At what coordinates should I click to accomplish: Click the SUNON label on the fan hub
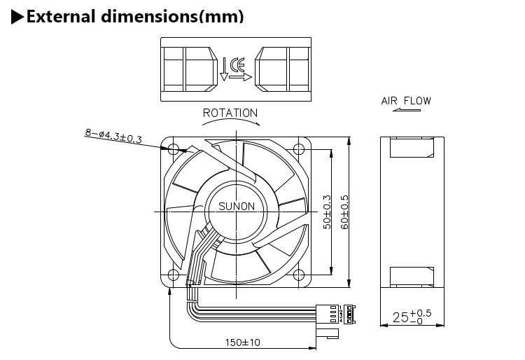pos(237,207)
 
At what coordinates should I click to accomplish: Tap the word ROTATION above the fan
pos(230,113)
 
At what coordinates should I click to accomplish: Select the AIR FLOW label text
pos(406,101)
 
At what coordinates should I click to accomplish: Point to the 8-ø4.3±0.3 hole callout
pos(113,134)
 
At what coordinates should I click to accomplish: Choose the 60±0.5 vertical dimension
pos(344,211)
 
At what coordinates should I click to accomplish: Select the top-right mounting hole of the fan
pos(299,148)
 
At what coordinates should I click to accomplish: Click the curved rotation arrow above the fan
pos(230,122)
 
